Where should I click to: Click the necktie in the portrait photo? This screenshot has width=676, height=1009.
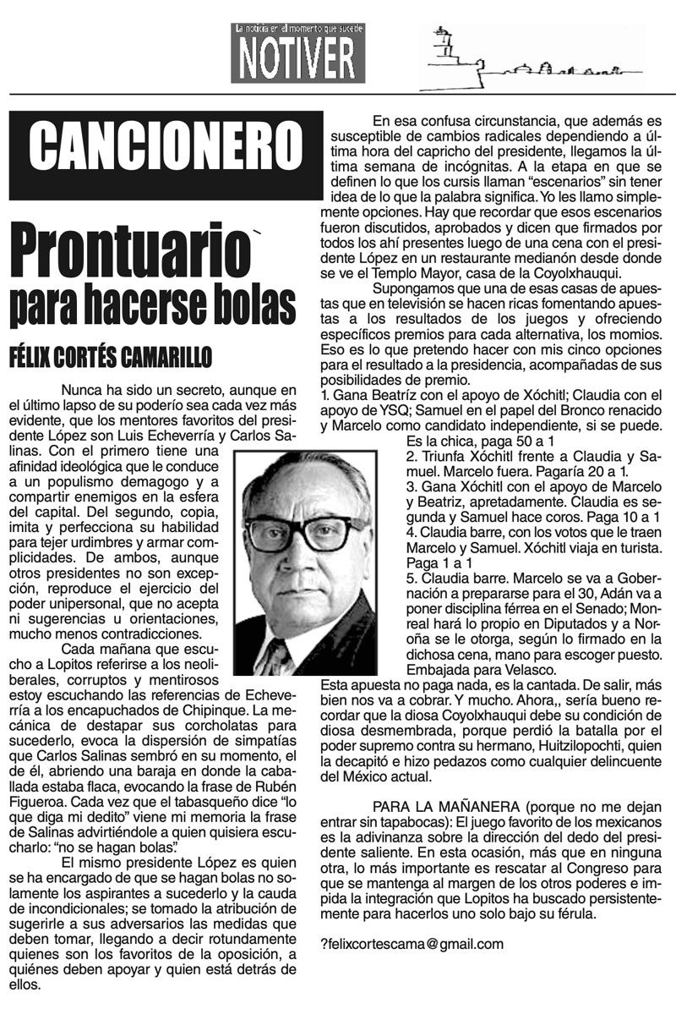point(275,655)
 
